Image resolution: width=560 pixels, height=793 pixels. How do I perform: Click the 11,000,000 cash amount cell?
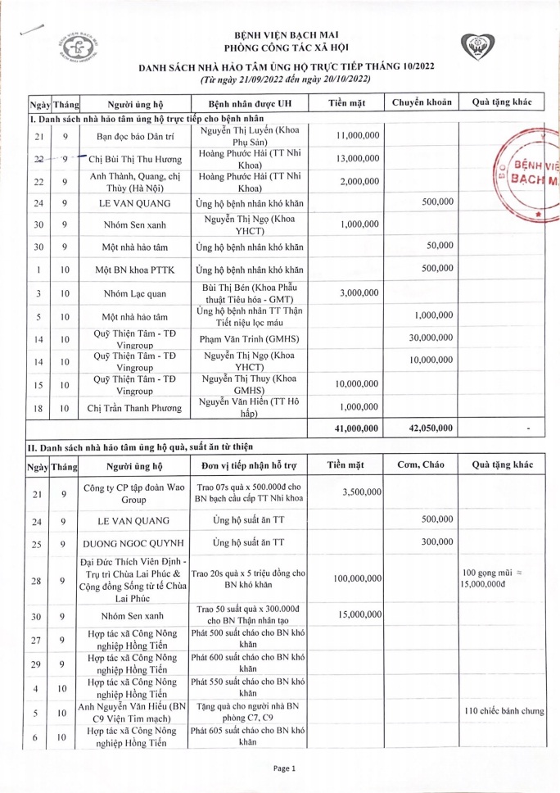pyautogui.click(x=358, y=135)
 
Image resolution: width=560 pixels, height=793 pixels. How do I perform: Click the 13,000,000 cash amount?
pyautogui.click(x=358, y=158)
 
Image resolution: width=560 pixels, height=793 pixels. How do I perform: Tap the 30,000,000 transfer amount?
pyautogui.click(x=431, y=337)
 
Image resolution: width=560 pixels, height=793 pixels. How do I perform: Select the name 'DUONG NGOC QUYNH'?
pyautogui.click(x=133, y=542)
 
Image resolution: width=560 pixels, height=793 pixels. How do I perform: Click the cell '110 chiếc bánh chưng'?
pyautogui.click(x=504, y=711)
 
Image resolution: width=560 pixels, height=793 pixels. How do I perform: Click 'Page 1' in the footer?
pyautogui.click(x=283, y=768)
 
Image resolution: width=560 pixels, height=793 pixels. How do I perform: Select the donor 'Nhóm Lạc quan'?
pyautogui.click(x=133, y=292)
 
